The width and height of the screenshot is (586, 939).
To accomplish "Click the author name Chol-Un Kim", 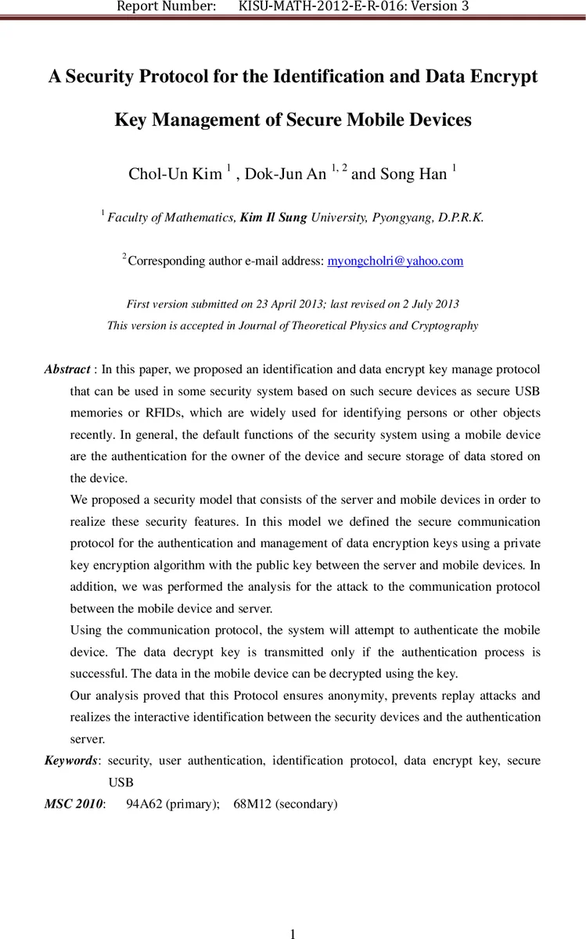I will point(174,174).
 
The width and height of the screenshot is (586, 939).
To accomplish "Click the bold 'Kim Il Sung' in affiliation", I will point(274,218).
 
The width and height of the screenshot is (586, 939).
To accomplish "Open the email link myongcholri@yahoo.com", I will point(394,261).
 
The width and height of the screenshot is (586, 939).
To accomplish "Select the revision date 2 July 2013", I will point(424,304).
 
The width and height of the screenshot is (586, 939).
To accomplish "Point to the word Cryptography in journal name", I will point(443,326).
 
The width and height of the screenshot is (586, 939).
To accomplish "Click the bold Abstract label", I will point(67,369).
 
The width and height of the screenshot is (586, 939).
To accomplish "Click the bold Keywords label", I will point(71,761).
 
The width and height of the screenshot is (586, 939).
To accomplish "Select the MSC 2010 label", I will point(74,804).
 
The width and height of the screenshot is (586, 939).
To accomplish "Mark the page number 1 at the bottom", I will point(293,933).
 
